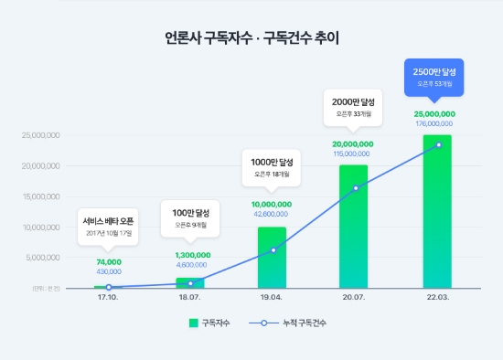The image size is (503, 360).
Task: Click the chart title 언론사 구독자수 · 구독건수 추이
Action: pos(251,39)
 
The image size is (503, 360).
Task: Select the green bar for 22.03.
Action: pos(437,215)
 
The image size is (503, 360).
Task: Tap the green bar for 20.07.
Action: pos(354,228)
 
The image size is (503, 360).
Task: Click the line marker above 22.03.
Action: pos(438,144)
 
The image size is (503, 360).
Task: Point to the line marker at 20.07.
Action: pos(355,188)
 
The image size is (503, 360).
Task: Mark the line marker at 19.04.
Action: pos(272,249)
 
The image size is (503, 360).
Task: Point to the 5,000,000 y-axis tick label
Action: pos(41,258)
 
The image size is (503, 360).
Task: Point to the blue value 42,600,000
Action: pos(272,214)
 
